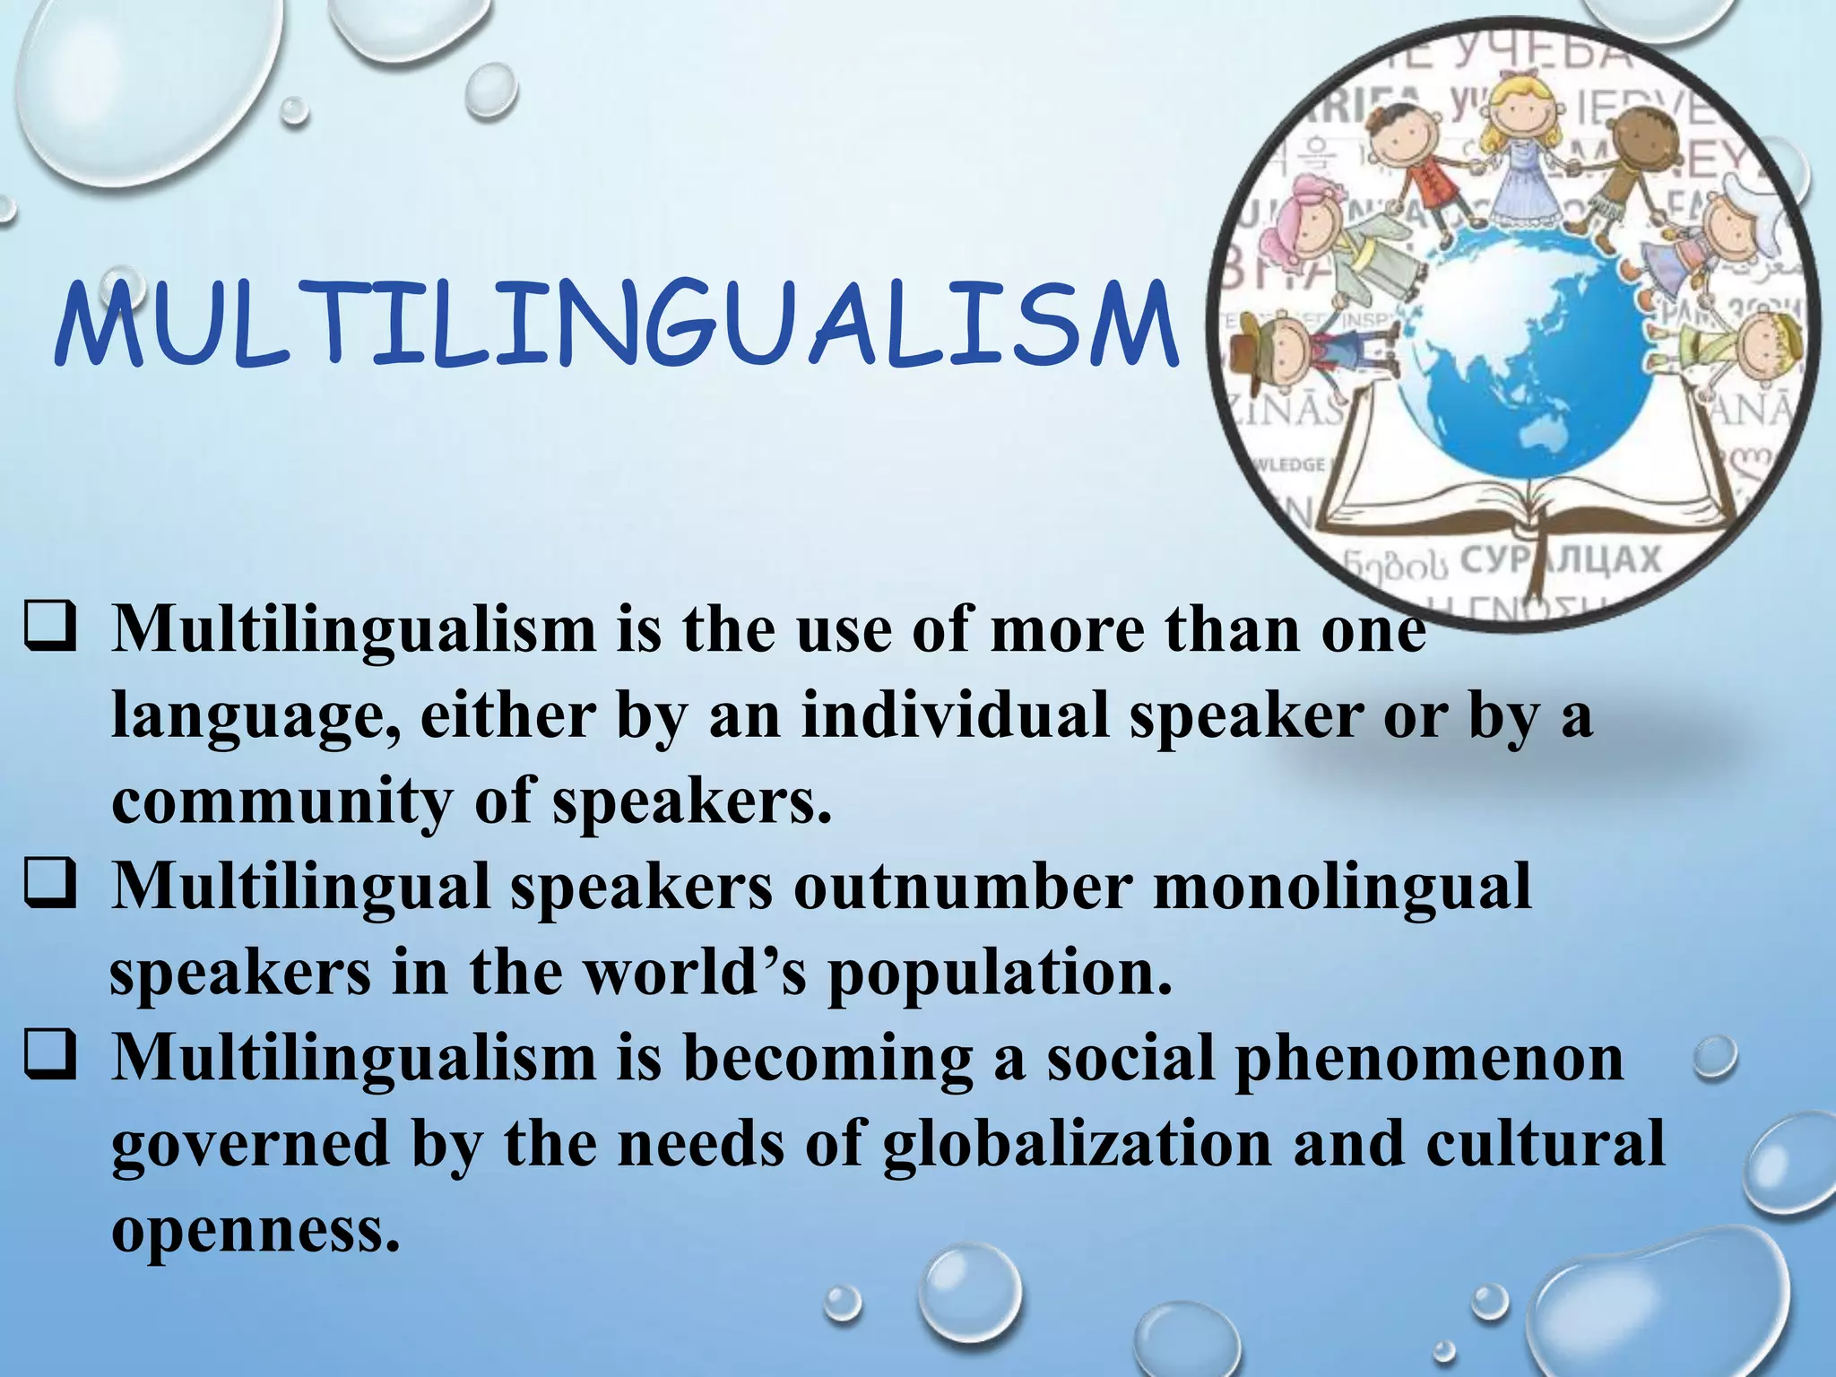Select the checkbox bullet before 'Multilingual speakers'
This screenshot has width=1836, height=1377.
[x=50, y=888]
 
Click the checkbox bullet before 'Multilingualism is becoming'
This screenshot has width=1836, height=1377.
[x=50, y=1058]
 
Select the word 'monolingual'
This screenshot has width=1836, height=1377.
[x=1341, y=888]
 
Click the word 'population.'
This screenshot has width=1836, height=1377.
[x=999, y=974]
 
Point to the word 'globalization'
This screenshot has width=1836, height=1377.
[x=1076, y=1146]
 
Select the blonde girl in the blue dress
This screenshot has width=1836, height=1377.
[x=1520, y=152]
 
